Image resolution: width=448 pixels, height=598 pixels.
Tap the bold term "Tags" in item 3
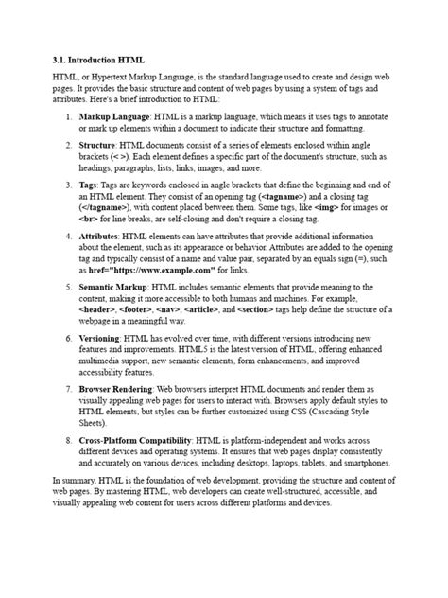click(88, 185)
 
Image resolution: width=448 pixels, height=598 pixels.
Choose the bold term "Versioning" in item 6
click(100, 338)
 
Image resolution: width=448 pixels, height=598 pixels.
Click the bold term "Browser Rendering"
click(116, 389)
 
